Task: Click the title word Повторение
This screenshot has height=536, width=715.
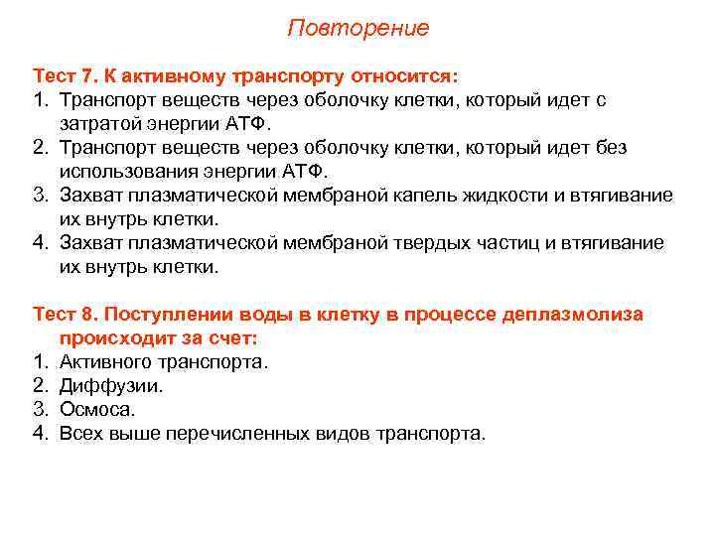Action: pyautogui.click(x=357, y=28)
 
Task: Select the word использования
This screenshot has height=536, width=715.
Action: pyautogui.click(x=127, y=172)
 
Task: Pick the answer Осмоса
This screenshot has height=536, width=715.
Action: pyautogui.click(x=96, y=410)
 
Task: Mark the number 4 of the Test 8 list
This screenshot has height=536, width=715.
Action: pyautogui.click(x=40, y=434)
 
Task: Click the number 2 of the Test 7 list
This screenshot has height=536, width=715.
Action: pyautogui.click(x=40, y=148)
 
